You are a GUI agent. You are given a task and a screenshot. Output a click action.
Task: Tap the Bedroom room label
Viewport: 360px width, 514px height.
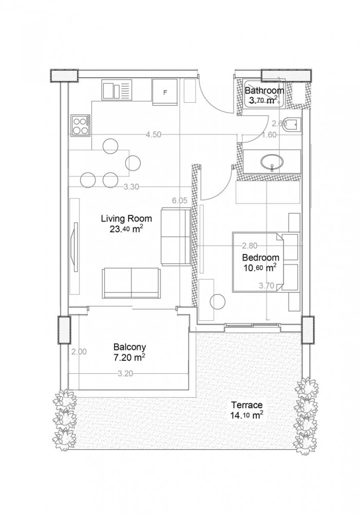click(260, 258)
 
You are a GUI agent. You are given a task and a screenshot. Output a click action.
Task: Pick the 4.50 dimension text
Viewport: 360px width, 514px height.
click(154, 135)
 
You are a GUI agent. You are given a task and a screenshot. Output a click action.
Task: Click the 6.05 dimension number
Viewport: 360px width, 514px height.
click(179, 201)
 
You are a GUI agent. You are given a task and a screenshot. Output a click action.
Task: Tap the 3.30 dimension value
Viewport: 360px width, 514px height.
click(132, 187)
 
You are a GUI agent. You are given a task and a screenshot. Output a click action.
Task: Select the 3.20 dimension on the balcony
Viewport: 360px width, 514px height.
click(125, 374)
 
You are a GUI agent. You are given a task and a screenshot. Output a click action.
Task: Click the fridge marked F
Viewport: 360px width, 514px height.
click(165, 93)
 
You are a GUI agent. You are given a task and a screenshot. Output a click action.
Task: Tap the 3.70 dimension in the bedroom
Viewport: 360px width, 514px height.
click(267, 286)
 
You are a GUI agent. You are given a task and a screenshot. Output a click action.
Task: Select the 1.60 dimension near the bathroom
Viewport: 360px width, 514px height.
click(269, 135)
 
